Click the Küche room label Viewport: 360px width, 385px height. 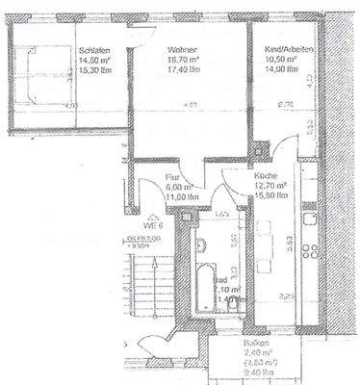(x=268, y=177)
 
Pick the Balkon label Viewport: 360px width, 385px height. (x=254, y=344)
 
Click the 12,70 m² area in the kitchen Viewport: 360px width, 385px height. (x=269, y=187)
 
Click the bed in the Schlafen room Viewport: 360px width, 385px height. (x=35, y=77)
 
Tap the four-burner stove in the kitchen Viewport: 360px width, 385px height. (x=312, y=253)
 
